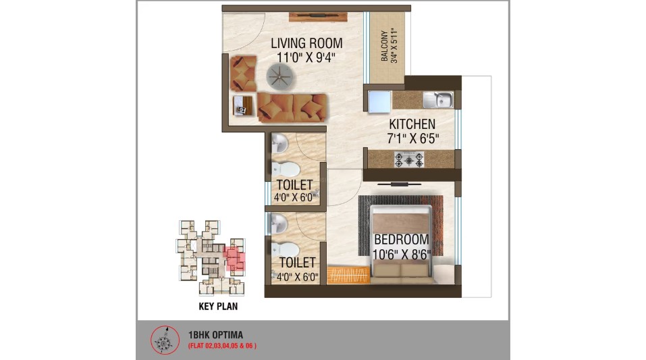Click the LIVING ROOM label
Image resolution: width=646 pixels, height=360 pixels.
point(306,44)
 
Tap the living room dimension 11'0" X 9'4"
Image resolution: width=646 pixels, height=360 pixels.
point(306,57)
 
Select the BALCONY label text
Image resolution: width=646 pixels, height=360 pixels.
point(384,46)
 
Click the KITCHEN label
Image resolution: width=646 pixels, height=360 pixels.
point(412,124)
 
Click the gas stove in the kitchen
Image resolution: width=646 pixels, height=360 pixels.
point(409,160)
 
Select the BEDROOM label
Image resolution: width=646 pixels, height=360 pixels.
point(402,240)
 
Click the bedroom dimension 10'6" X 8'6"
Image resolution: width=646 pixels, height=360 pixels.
point(402,254)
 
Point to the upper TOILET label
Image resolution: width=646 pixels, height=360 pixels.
point(294,185)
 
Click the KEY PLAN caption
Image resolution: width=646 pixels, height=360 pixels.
point(217,306)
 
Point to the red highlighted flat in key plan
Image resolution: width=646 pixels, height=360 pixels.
point(234,257)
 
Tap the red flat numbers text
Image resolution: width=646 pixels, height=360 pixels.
point(222,346)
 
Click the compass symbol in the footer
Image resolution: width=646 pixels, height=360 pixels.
point(163,340)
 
